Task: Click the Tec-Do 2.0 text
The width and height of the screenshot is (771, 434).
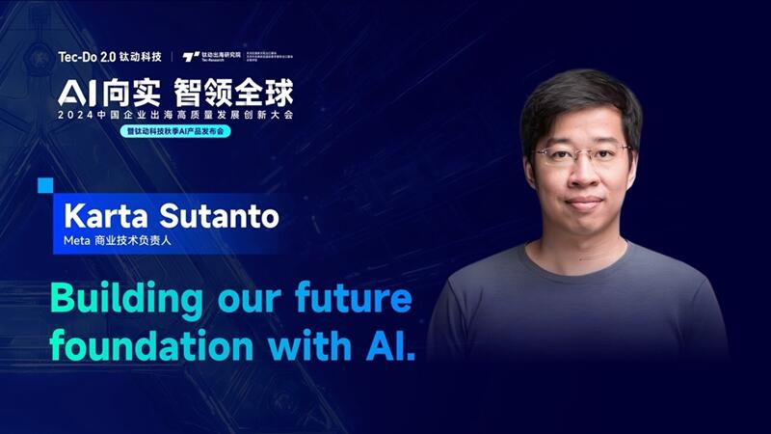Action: pos(84,57)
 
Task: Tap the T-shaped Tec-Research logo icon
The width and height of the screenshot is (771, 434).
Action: pos(190,57)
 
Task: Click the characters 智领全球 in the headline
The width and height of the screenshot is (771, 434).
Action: pos(231,93)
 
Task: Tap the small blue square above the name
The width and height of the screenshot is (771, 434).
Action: pos(44,184)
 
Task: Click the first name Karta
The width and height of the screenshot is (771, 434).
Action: pos(97,215)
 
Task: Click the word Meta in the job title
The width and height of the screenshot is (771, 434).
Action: pos(74,239)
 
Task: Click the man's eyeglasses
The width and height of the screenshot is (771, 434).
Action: pos(581,152)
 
